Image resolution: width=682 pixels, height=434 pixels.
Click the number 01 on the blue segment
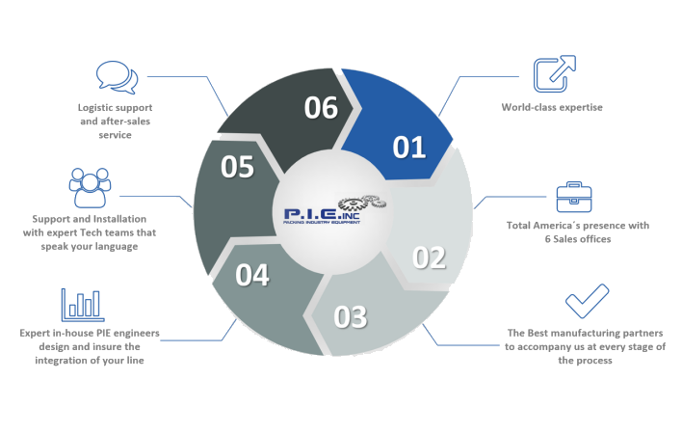click(x=408, y=148)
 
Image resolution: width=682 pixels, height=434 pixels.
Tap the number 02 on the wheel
click(x=429, y=258)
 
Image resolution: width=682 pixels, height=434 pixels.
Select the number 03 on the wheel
click(x=350, y=317)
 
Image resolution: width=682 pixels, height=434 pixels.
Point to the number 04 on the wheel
click(x=252, y=275)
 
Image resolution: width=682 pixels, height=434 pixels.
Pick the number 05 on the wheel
click(x=237, y=167)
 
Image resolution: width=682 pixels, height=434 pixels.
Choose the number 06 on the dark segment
click(x=321, y=107)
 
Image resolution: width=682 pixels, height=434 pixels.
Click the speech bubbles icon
click(x=117, y=77)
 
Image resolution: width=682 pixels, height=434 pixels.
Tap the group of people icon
click(x=90, y=188)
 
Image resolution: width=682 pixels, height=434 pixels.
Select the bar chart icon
click(x=83, y=305)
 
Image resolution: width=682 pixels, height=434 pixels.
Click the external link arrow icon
click(x=555, y=73)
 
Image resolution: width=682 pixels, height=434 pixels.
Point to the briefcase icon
click(x=574, y=197)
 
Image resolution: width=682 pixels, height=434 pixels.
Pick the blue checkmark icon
click(x=587, y=301)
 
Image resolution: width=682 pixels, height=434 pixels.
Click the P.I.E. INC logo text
click(x=322, y=215)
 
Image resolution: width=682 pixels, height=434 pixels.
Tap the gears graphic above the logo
click(x=362, y=203)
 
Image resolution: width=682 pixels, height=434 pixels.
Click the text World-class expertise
click(x=552, y=107)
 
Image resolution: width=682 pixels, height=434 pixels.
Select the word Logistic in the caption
click(x=93, y=107)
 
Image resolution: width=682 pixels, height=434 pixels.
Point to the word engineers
click(x=139, y=334)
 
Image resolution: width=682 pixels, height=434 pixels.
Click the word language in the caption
click(x=118, y=246)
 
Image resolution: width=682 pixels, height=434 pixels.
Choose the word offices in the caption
click(x=595, y=239)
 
